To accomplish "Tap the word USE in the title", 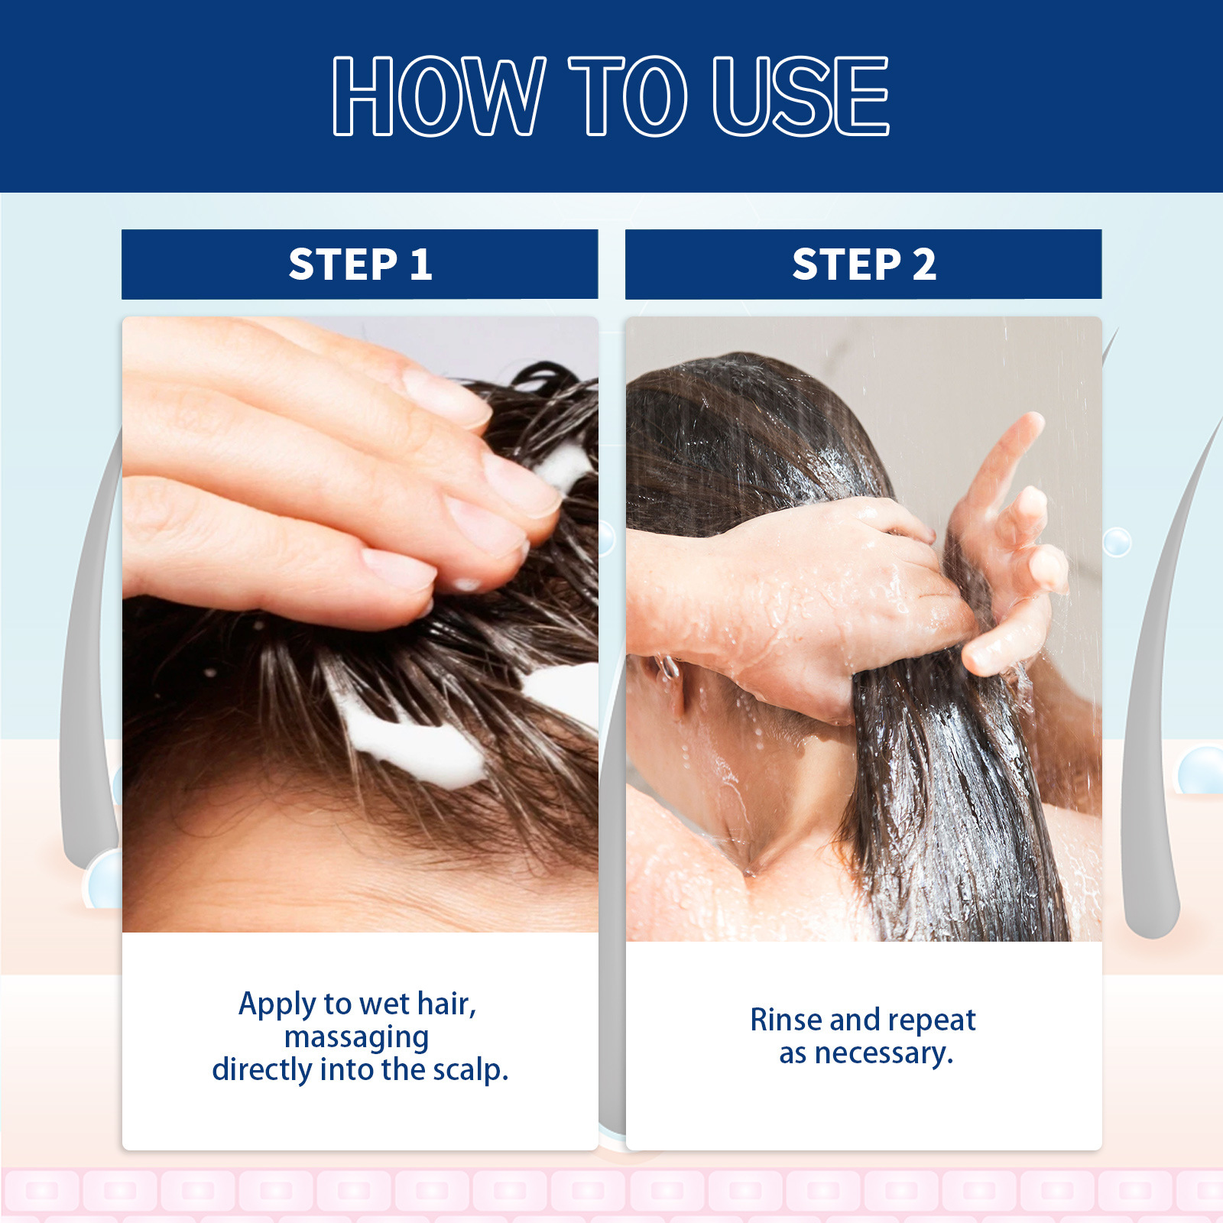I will click(800, 96).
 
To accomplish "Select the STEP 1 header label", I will click(360, 264).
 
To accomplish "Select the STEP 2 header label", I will click(864, 264).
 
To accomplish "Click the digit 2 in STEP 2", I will click(924, 264).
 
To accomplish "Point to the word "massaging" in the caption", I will click(356, 1037).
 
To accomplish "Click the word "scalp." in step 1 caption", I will click(471, 1070).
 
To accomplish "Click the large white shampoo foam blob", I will click(417, 745).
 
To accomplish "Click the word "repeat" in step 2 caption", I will click(932, 1020).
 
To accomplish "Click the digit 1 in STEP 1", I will click(421, 264).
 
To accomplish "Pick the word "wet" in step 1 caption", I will click(384, 1004).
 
